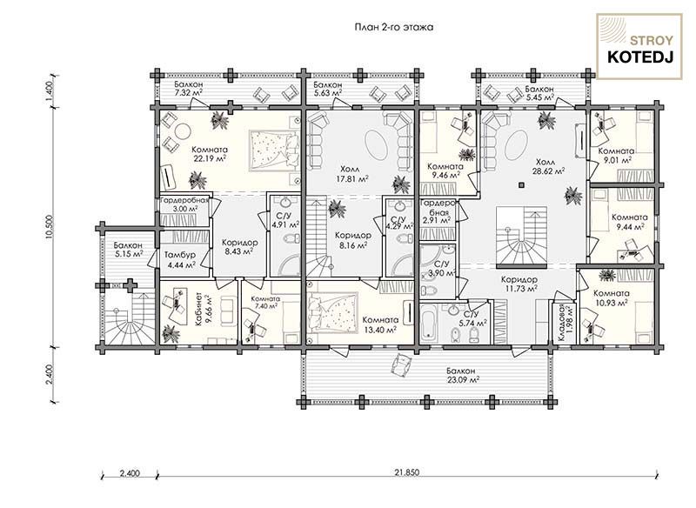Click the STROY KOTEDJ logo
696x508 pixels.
click(639, 47)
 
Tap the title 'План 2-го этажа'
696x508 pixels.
click(394, 28)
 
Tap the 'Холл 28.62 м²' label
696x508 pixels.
click(550, 166)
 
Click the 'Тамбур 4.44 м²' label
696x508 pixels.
click(180, 260)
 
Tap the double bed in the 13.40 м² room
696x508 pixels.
click(333, 312)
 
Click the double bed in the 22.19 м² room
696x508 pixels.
click(274, 150)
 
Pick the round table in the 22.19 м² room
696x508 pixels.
click(182, 131)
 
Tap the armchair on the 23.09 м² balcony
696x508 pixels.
click(402, 364)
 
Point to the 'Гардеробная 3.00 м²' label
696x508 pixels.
click(184, 204)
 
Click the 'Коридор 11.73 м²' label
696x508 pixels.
click(519, 284)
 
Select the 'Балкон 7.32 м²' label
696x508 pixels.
click(189, 89)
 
